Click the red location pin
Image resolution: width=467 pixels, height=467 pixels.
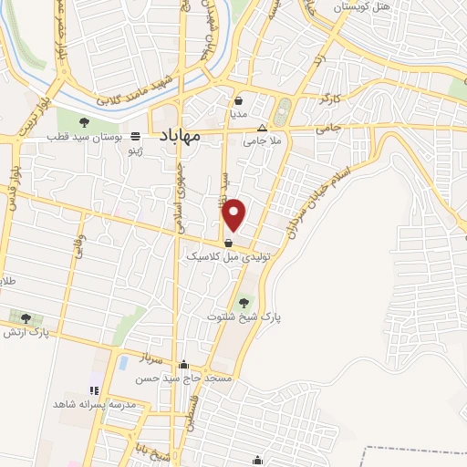(x=235, y=215)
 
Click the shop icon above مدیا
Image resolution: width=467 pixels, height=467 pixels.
(x=239, y=101)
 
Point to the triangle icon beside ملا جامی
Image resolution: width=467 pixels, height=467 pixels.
(x=263, y=128)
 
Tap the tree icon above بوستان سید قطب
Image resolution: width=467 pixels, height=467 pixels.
(x=84, y=122)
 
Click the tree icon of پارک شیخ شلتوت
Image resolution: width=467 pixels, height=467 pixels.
(x=244, y=303)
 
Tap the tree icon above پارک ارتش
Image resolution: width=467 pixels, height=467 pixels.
(x=26, y=318)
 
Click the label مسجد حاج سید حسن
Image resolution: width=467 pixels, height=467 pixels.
(x=186, y=377)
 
